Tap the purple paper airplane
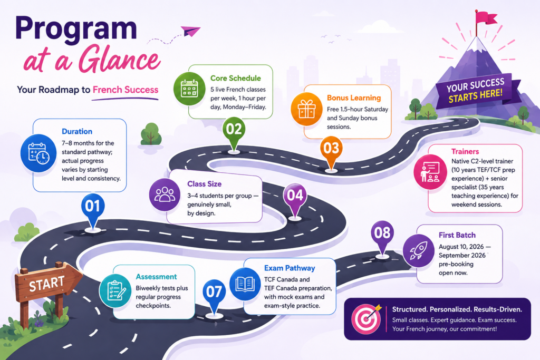point(190,31)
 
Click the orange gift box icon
point(306,109)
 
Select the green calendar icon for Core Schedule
point(189,89)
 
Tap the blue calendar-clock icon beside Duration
point(38,153)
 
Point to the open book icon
point(245,284)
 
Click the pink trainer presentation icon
point(430,172)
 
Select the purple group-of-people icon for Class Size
point(165,195)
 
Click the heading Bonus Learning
point(354,98)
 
